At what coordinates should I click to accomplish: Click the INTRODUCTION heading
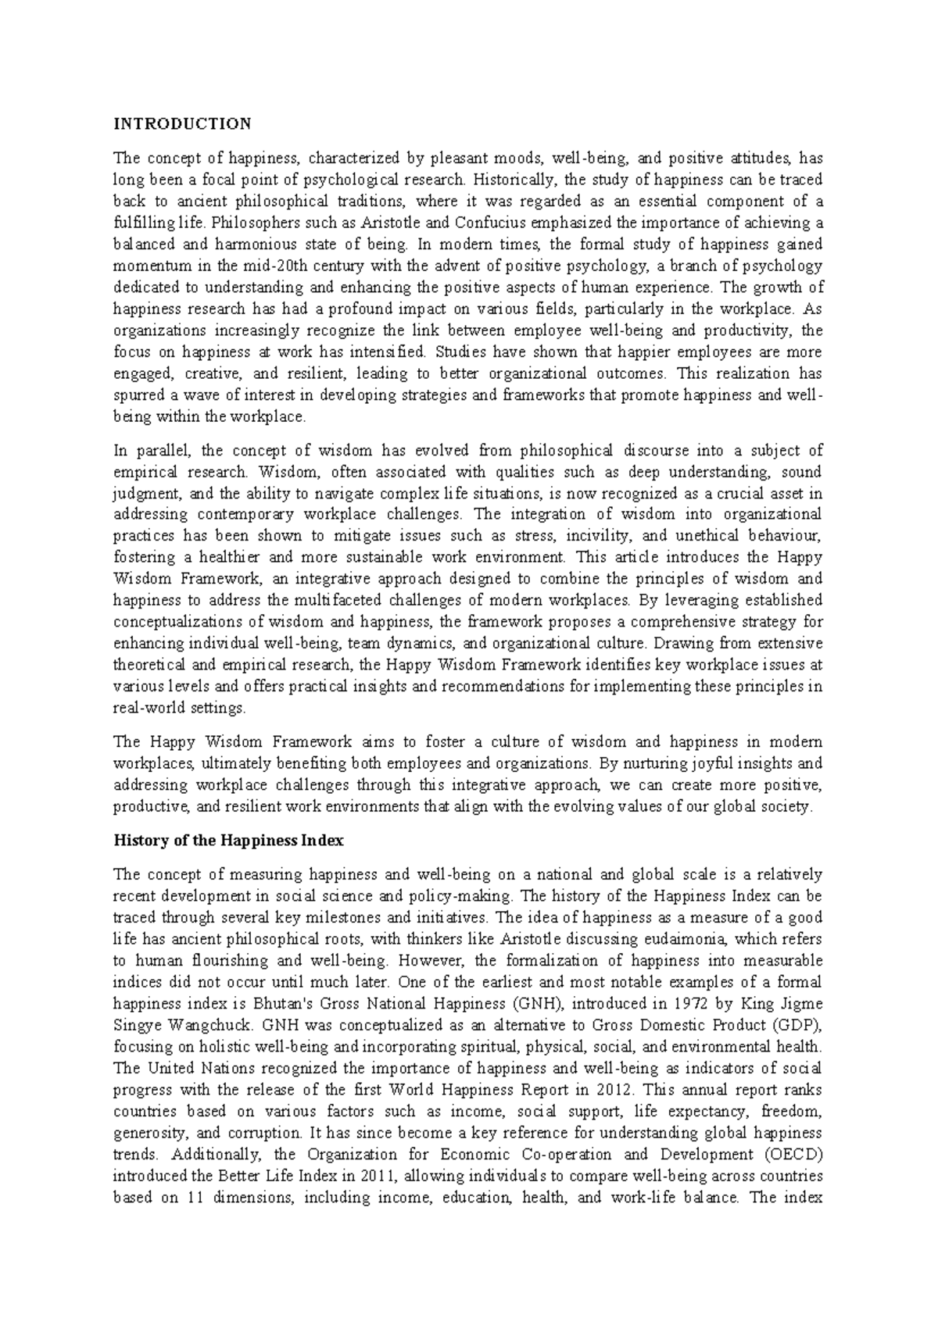(183, 123)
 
